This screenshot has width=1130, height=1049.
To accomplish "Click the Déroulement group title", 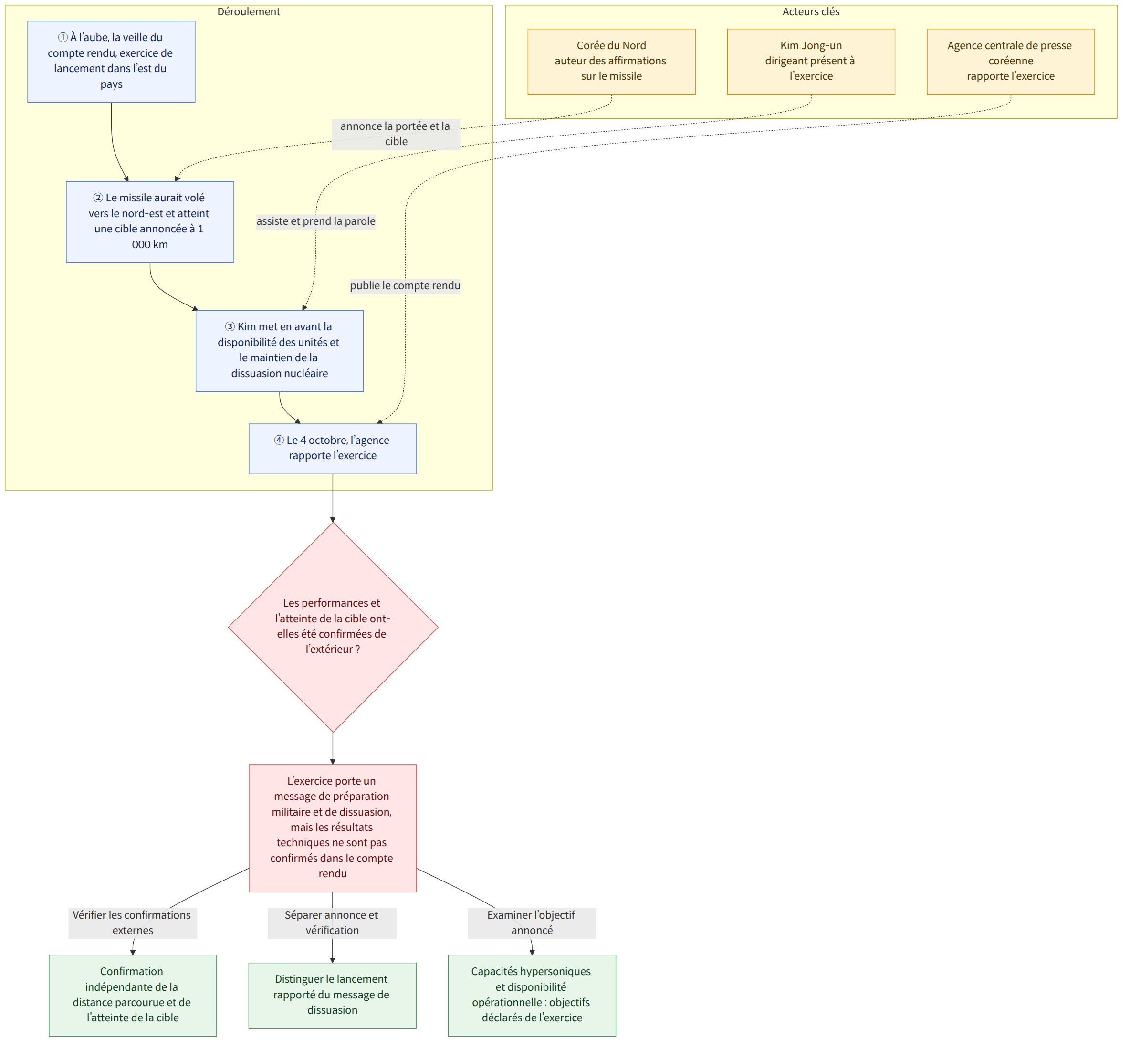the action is tap(249, 12).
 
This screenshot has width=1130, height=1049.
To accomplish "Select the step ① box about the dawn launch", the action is tap(111, 62).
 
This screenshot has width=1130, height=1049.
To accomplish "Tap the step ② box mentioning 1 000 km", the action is tap(150, 222).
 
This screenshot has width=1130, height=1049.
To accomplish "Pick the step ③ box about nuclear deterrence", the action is tap(279, 351).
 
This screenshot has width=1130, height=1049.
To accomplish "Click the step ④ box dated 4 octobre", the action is tap(333, 449).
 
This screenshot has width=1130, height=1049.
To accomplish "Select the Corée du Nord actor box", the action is tap(611, 61).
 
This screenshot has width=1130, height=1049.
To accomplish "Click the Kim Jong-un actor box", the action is tap(811, 61).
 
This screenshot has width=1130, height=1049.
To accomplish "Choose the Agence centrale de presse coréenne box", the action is tap(1011, 61).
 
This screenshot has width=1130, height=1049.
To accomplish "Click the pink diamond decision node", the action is tap(333, 627).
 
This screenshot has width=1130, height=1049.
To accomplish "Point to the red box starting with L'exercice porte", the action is tap(333, 828).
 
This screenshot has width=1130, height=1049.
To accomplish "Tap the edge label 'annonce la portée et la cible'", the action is tap(396, 134).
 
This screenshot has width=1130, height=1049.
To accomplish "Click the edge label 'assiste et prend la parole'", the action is tap(315, 221).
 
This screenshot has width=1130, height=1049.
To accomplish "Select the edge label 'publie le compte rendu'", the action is tap(405, 285).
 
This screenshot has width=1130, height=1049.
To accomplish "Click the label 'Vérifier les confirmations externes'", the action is tap(132, 923).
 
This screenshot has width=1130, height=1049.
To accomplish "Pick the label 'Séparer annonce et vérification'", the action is tap(332, 923).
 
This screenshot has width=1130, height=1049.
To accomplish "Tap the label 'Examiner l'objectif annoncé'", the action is tap(532, 923).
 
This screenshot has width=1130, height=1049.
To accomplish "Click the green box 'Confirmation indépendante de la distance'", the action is tap(133, 995).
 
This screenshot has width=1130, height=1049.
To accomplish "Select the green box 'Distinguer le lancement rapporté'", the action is tap(333, 995).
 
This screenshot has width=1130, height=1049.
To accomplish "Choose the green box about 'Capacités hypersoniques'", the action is tap(532, 995).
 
